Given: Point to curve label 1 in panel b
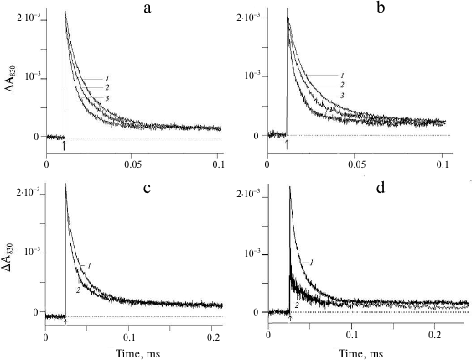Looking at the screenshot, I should coord(341,76).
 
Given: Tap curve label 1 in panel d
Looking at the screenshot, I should coord(311,263).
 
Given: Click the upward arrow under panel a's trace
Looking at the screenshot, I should coord(65,145).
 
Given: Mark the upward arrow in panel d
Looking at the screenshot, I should coord(289,318).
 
